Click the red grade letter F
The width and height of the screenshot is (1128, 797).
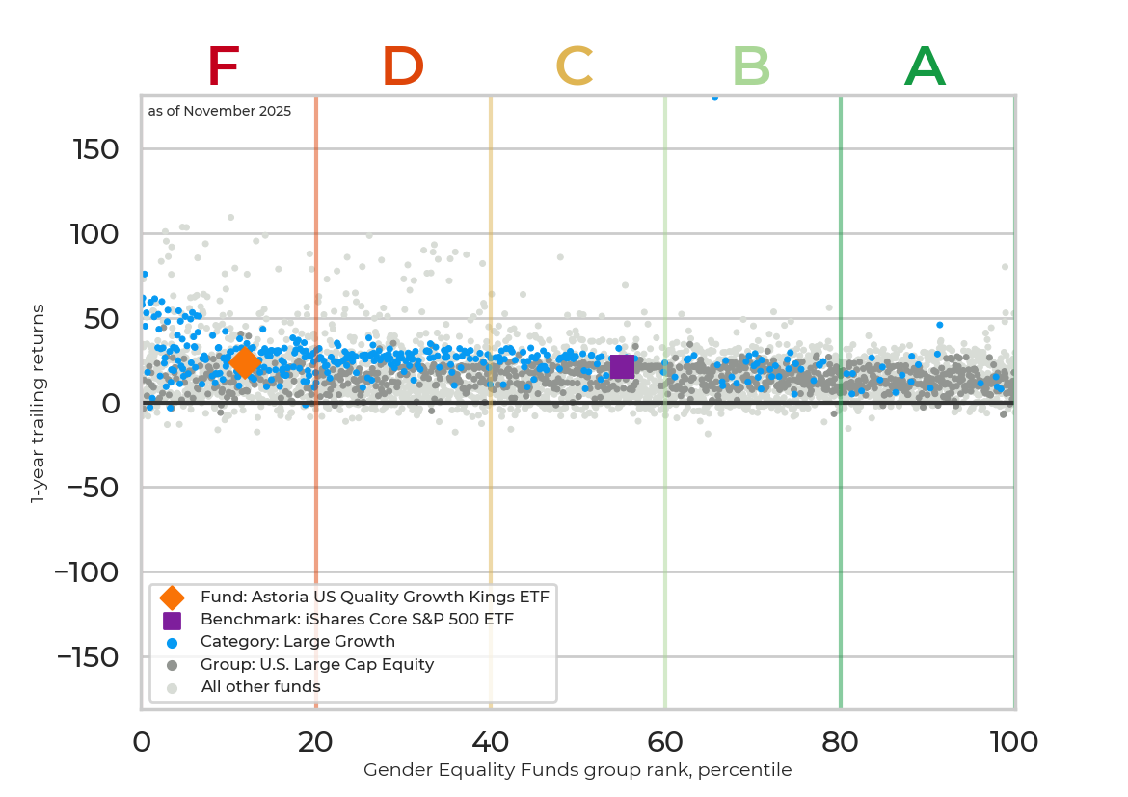pyautogui.click(x=223, y=67)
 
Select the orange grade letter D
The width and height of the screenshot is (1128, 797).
pyautogui.click(x=403, y=67)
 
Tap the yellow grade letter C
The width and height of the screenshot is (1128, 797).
pyautogui.click(x=575, y=67)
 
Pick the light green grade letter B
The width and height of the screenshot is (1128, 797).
pyautogui.click(x=751, y=67)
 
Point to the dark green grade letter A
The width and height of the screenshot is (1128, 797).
pyautogui.click(x=925, y=67)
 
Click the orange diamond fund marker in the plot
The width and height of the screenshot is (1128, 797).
pyautogui.click(x=244, y=362)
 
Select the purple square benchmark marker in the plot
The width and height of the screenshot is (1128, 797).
pyautogui.click(x=622, y=366)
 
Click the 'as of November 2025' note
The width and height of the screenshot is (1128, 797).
pyautogui.click(x=220, y=112)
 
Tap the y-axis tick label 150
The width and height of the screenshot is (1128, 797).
pyautogui.click(x=95, y=149)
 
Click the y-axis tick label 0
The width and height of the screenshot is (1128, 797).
pyautogui.click(x=112, y=403)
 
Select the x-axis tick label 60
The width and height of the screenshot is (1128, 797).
pyautogui.click(x=665, y=742)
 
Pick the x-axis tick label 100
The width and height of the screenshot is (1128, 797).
pyautogui.click(x=1014, y=742)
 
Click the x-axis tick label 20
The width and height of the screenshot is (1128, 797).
pyautogui.click(x=316, y=742)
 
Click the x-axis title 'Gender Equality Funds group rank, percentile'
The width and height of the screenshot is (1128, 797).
pyautogui.click(x=577, y=770)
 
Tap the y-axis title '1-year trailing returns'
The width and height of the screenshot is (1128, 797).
pyautogui.click(x=39, y=403)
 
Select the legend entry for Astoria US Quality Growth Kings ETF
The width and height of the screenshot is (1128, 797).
pyautogui.click(x=374, y=598)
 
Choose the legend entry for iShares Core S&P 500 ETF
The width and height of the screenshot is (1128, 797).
pyautogui.click(x=357, y=620)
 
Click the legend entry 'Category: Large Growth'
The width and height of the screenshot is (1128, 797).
pyautogui.click(x=297, y=642)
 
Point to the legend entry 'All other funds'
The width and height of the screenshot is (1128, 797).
pyautogui.click(x=260, y=687)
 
